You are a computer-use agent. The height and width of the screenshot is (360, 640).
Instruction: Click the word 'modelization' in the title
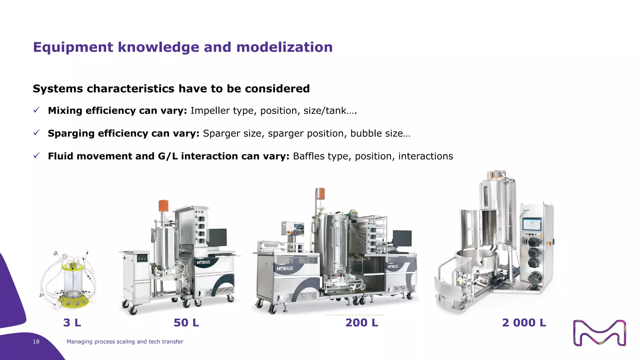pyautogui.click(x=284, y=47)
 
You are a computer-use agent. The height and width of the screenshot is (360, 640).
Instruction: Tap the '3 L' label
pyautogui.click(x=72, y=322)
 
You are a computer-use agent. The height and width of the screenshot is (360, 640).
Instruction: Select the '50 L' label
pyautogui.click(x=186, y=322)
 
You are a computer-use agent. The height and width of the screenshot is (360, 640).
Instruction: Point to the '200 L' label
pyautogui.click(x=362, y=322)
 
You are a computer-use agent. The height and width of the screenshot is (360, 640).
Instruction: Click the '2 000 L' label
pyautogui.click(x=524, y=322)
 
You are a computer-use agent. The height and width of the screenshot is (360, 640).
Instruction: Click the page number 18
pyautogui.click(x=36, y=342)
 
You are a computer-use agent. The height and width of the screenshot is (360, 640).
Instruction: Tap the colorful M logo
pyautogui.click(x=599, y=333)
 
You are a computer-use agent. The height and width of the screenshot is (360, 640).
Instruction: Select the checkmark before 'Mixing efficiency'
pyautogui.click(x=37, y=110)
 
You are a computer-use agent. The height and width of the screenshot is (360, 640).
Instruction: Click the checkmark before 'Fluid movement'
pyautogui.click(x=37, y=155)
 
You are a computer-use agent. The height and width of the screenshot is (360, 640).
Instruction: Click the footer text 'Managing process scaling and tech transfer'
pyautogui.click(x=125, y=342)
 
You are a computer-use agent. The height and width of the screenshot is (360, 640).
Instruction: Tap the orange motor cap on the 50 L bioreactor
pyautogui.click(x=163, y=206)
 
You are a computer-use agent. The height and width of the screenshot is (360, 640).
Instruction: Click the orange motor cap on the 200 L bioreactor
pyautogui.click(x=320, y=194)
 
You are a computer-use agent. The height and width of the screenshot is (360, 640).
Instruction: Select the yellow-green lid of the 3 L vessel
pyautogui.click(x=74, y=267)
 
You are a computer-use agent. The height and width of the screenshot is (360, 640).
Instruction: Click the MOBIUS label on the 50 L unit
pyautogui.click(x=203, y=262)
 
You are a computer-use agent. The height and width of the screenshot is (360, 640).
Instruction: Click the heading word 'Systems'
pyautogui.click(x=58, y=89)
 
